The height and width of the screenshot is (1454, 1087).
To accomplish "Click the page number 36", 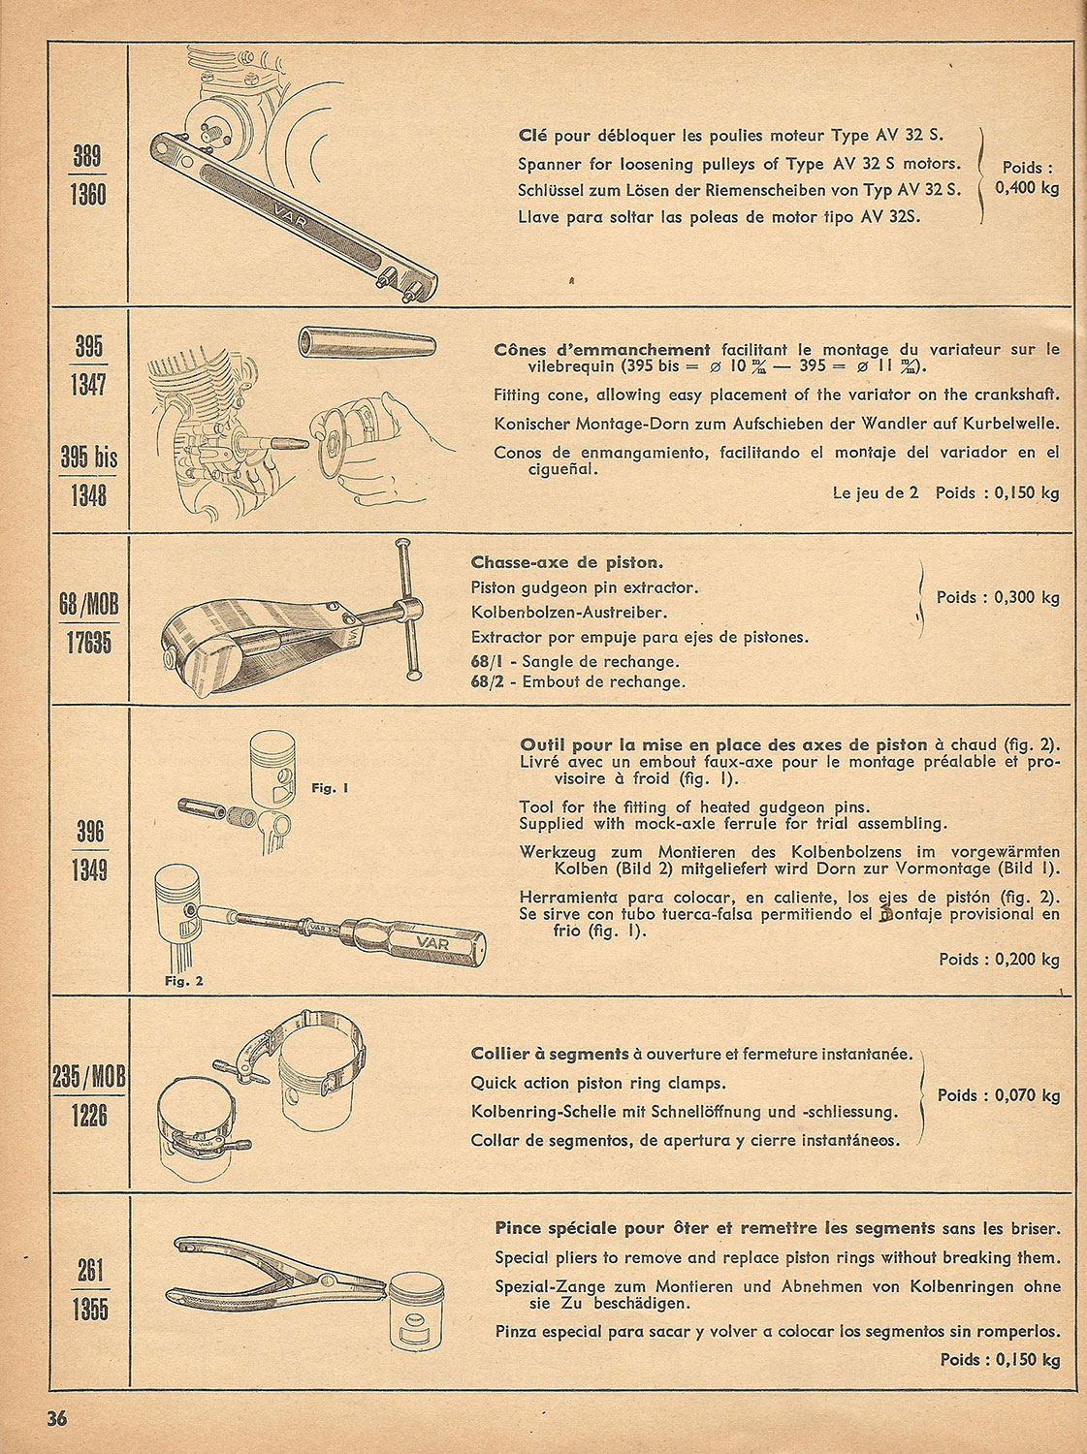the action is tap(56, 1417).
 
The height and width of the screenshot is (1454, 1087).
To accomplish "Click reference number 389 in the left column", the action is tap(87, 157).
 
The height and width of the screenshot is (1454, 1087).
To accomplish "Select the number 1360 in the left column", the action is tap(88, 196).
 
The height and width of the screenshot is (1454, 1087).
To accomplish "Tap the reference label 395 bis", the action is tap(89, 458).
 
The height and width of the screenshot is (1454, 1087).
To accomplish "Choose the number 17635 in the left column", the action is tap(89, 643).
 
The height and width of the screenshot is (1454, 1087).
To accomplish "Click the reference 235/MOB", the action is tap(89, 1078).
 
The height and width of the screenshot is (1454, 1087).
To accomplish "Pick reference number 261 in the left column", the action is tap(89, 1271).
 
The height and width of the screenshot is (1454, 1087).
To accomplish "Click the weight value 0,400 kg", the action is tap(1027, 187).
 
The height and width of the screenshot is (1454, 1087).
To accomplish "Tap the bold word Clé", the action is tap(532, 135).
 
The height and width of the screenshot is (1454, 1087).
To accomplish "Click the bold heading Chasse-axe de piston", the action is tap(567, 562).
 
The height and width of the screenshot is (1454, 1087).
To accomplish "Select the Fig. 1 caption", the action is tap(330, 788).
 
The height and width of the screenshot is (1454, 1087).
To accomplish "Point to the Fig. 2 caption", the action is tap(183, 981).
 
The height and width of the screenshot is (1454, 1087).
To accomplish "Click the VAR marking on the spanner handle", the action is tap(291, 219).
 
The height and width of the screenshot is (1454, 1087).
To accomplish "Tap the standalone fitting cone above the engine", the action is tap(367, 342).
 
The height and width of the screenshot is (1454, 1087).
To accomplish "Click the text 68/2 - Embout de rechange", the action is tap(578, 681).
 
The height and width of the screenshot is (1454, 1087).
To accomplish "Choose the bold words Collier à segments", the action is tap(549, 1054).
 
